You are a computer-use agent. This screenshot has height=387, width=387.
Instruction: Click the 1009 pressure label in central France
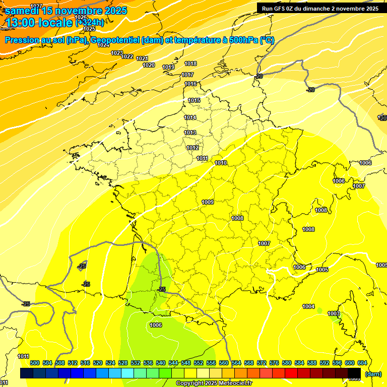[x=208, y=202]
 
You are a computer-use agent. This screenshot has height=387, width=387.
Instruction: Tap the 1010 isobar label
[x=221, y=163]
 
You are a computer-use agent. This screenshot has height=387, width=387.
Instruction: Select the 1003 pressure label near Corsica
[x=334, y=313]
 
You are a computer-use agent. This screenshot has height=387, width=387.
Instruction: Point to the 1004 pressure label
[x=308, y=306]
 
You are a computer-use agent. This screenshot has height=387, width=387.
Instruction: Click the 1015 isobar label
[x=194, y=100]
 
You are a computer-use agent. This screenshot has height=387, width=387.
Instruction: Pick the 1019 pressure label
[x=168, y=67]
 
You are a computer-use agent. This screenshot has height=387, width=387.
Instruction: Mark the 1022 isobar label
[x=127, y=56]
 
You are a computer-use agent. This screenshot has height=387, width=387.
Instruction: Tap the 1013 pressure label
[x=190, y=133]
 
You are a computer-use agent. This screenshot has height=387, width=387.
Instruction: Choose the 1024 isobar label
[x=103, y=45]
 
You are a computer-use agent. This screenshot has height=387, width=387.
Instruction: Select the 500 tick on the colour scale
[x=35, y=363]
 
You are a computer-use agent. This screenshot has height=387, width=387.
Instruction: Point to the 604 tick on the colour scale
[x=362, y=363]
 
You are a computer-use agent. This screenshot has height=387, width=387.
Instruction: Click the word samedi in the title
[x=22, y=10]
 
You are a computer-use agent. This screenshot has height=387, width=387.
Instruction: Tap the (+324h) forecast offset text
[x=90, y=22]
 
